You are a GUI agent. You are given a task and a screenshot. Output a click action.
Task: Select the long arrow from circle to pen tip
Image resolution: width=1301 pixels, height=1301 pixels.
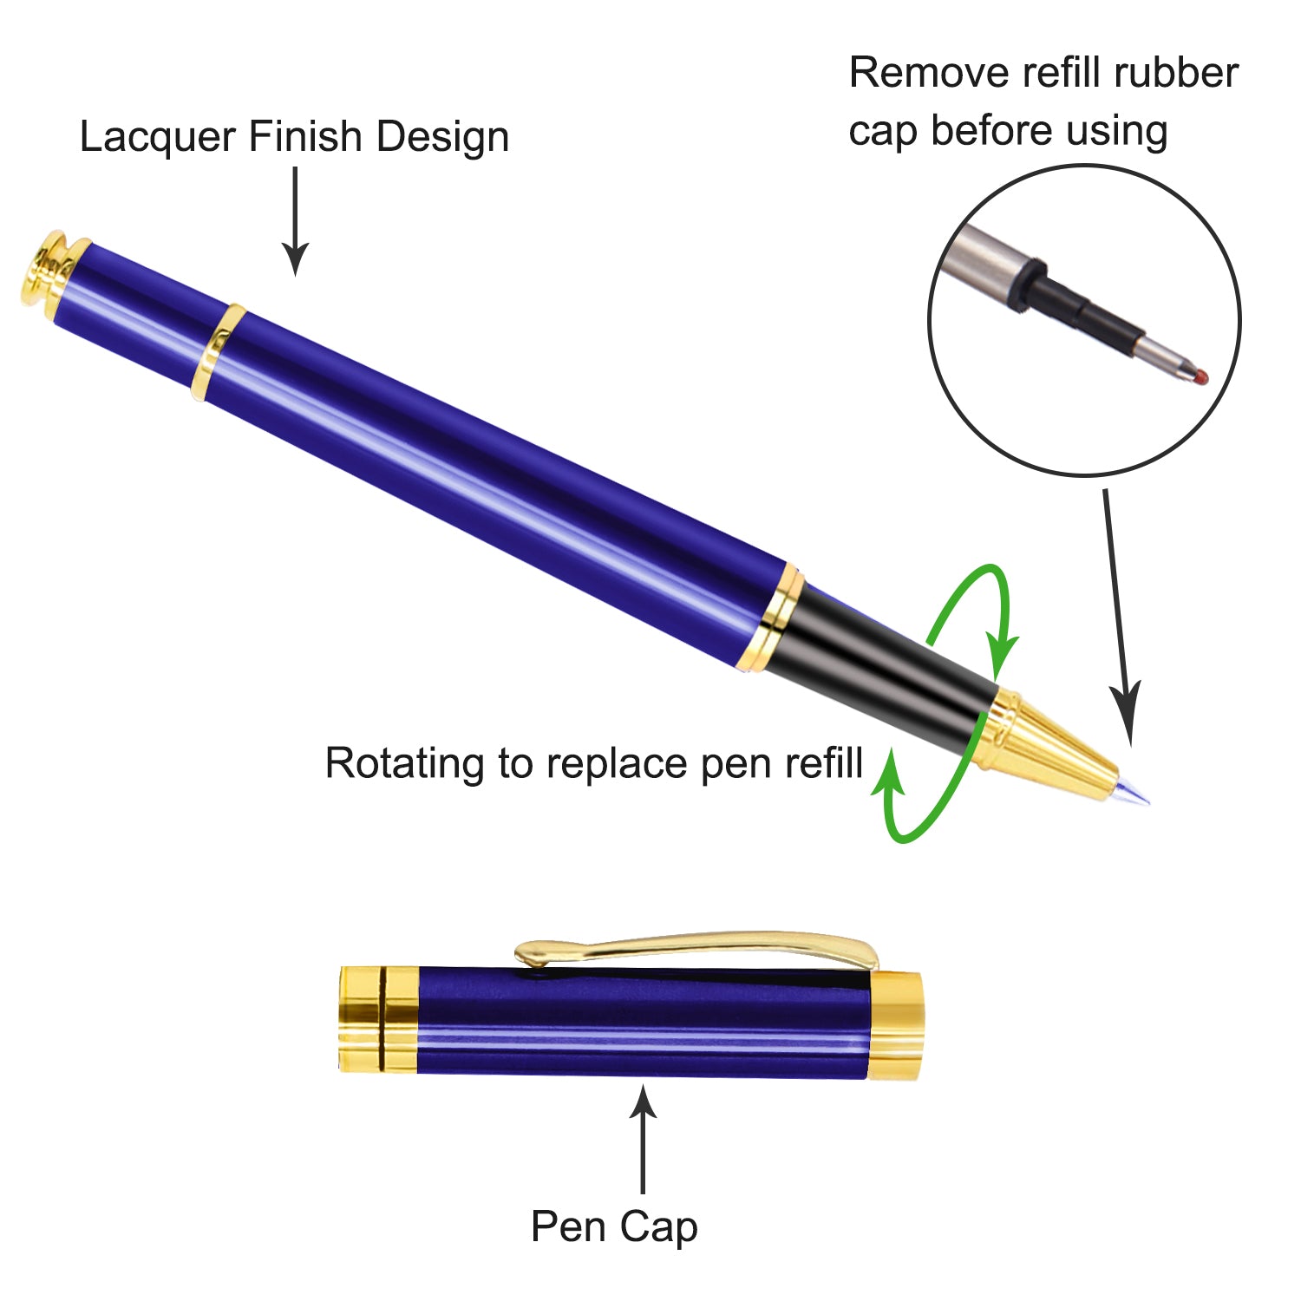[1119, 616]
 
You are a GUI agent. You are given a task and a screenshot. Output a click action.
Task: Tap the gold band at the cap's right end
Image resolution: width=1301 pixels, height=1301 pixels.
[895, 1025]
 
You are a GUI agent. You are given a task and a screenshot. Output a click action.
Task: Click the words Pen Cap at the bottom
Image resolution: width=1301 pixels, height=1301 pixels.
[614, 1226]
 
